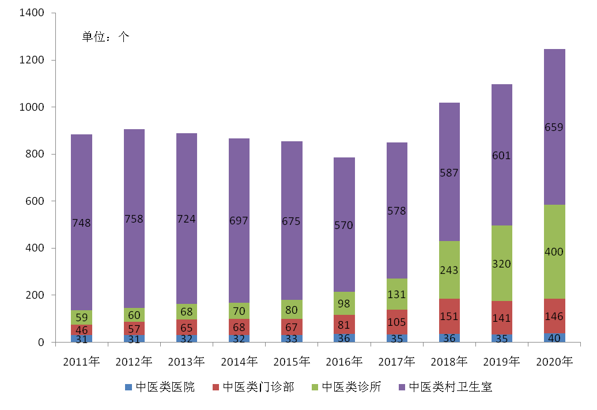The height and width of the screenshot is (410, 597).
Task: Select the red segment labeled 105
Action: [397, 322]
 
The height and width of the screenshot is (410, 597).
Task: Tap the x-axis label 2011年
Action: [81, 362]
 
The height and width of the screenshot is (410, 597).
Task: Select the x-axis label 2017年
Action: [396, 362]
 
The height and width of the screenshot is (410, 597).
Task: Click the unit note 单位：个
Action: [105, 37]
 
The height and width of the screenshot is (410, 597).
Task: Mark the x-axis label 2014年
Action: [239, 362]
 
